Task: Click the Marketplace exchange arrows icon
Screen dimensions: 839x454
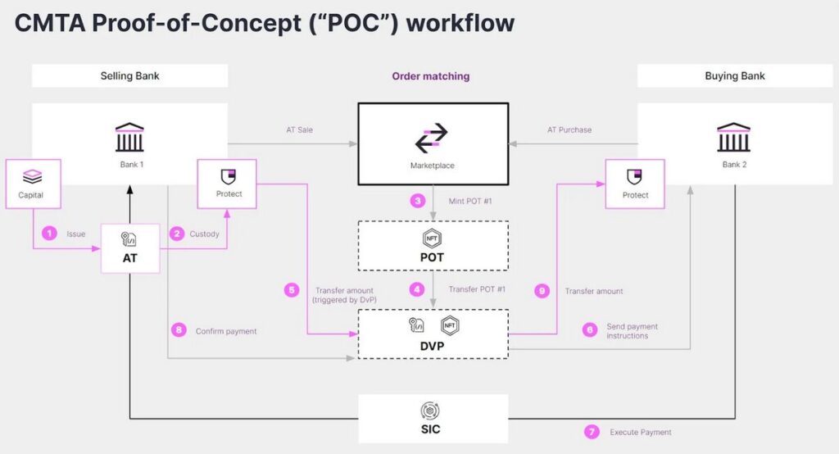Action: click(431, 138)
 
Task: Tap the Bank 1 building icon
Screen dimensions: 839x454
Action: click(129, 137)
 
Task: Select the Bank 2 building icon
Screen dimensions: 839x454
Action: click(733, 137)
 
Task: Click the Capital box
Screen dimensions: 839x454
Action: click(33, 184)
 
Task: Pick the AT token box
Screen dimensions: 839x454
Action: click(130, 248)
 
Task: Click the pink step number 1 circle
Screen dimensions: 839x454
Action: click(49, 234)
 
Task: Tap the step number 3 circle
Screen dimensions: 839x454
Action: click(417, 201)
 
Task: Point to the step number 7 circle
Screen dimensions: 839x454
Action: click(592, 432)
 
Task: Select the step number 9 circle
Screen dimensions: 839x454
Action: click(542, 291)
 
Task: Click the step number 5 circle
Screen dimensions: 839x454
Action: click(292, 290)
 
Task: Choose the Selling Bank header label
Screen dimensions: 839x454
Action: click(130, 76)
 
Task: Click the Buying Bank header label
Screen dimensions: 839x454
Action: click(735, 76)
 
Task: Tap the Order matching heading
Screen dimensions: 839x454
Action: click(431, 76)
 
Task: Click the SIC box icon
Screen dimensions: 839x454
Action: click(430, 411)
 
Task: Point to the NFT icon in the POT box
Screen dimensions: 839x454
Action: click(432, 238)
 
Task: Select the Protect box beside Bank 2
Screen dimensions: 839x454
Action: click(635, 184)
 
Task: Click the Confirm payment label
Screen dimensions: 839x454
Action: click(226, 331)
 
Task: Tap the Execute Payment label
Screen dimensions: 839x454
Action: click(641, 432)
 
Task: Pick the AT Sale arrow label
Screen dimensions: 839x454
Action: click(300, 129)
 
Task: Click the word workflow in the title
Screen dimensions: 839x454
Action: click(460, 23)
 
